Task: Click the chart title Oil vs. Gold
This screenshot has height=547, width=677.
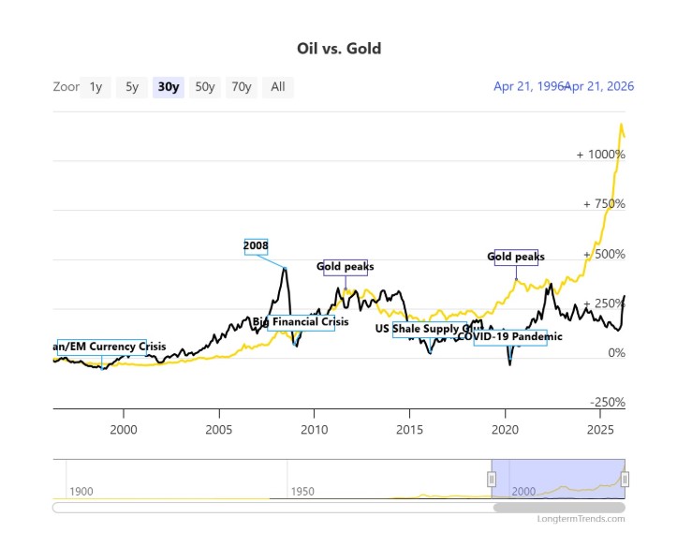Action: (x=338, y=48)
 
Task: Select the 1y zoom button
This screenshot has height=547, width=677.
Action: (x=96, y=87)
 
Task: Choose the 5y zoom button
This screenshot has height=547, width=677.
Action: (x=132, y=87)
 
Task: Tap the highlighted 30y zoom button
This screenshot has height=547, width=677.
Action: (x=169, y=87)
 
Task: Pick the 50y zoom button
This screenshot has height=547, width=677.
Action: (x=204, y=87)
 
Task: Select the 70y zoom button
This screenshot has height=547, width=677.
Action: (x=242, y=87)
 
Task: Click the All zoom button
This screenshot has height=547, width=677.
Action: (x=278, y=87)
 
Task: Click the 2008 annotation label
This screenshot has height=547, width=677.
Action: (x=256, y=246)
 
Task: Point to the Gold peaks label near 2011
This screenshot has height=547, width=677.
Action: (x=345, y=267)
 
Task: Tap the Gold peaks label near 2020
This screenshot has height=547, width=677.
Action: (x=516, y=257)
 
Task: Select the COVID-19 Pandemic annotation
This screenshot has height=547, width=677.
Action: (x=510, y=336)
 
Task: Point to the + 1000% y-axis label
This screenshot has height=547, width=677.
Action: (x=600, y=155)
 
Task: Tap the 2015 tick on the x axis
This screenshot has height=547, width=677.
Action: (x=409, y=430)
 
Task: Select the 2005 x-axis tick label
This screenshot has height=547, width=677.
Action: (x=219, y=430)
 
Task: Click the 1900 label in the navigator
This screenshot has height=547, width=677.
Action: (x=81, y=492)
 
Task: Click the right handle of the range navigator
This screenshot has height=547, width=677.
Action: (x=625, y=480)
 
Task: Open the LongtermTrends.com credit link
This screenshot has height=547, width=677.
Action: (x=581, y=519)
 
